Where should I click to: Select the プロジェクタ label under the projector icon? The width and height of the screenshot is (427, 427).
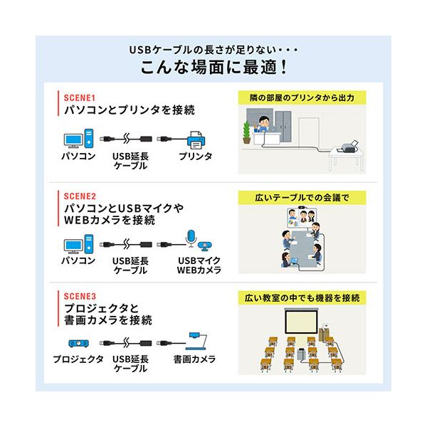[78, 360]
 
